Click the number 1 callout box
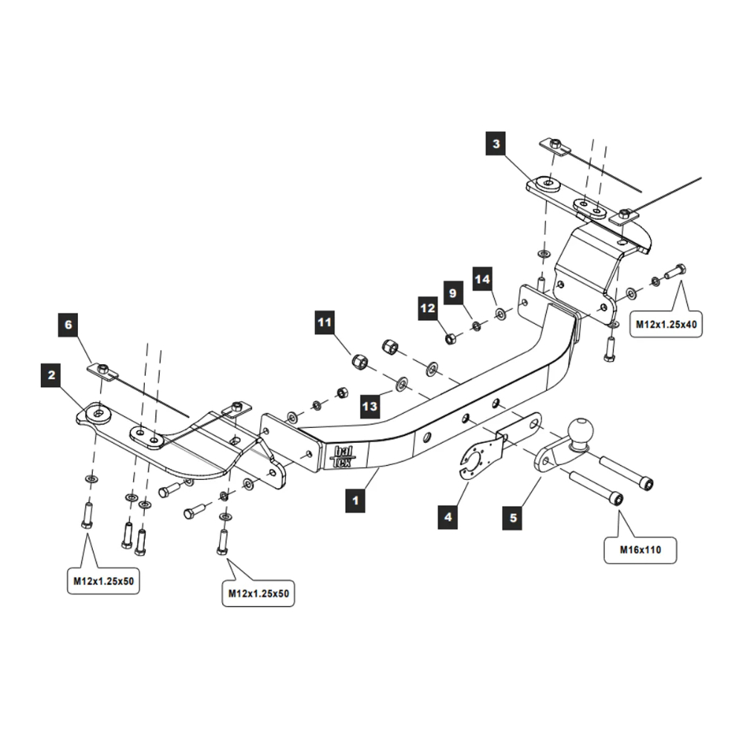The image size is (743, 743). (355, 500)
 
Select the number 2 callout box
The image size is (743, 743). (51, 375)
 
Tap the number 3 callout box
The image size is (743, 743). (496, 143)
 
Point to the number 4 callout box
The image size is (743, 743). (448, 517)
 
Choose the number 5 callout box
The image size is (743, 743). (513, 518)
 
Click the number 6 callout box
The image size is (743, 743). (68, 325)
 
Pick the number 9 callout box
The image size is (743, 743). (453, 293)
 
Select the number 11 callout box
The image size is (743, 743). (325, 322)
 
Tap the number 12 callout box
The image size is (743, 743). (427, 308)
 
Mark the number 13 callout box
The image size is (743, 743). (369, 406)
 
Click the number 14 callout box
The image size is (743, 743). (482, 279)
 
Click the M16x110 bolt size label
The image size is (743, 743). (640, 550)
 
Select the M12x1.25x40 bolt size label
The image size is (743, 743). (666, 325)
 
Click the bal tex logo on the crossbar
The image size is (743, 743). (342, 457)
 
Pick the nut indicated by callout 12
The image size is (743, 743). (450, 338)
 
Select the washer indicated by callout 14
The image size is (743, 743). (500, 314)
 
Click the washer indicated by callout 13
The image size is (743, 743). (402, 383)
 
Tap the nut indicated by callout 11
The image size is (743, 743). (360, 362)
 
